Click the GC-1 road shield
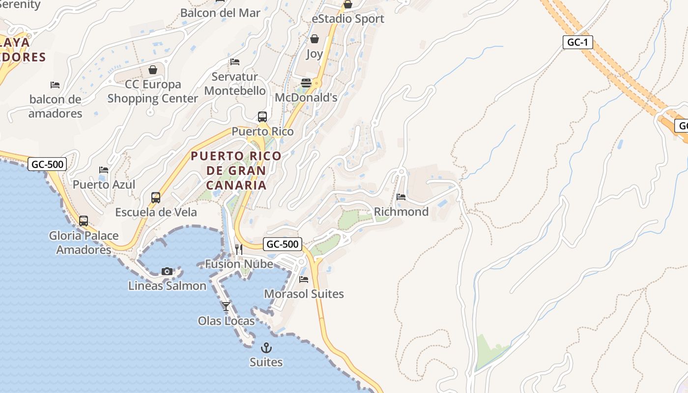pyautogui.click(x=577, y=42)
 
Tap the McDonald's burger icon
pyautogui.click(x=306, y=83)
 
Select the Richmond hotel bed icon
pyautogui.click(x=401, y=197)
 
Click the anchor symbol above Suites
pyautogui.click(x=266, y=348)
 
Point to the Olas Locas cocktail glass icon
pyautogui.click(x=226, y=307)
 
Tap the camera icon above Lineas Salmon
pyautogui.click(x=167, y=271)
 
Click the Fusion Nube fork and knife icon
pyautogui.click(x=239, y=250)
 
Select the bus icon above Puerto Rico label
pyautogui.click(x=262, y=117)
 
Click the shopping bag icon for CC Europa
pyautogui.click(x=153, y=70)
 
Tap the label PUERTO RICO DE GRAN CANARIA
pyautogui.click(x=236, y=170)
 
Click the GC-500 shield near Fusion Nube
pyautogui.click(x=282, y=244)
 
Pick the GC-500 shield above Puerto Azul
pyautogui.click(x=47, y=164)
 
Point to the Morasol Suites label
pyautogui.click(x=304, y=294)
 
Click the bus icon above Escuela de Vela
pyautogui.click(x=156, y=197)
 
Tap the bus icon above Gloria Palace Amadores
pyautogui.click(x=84, y=221)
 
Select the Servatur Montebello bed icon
pyautogui.click(x=235, y=62)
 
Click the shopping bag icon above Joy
pyautogui.click(x=315, y=39)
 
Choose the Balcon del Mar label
pyautogui.click(x=220, y=13)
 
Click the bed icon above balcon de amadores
pyautogui.click(x=55, y=85)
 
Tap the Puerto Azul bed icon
pyautogui.click(x=104, y=170)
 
